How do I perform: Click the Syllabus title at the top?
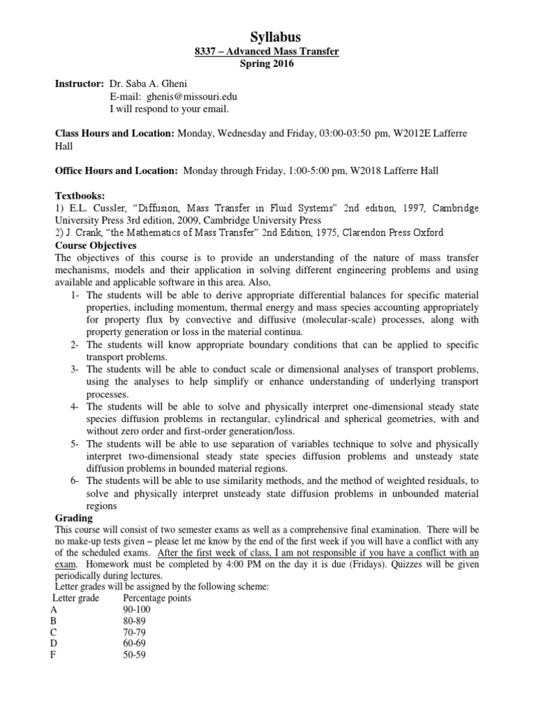click(x=267, y=37)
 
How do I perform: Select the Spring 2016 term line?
click(x=267, y=64)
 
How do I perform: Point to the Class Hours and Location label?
click(x=115, y=133)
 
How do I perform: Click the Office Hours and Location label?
click(x=117, y=171)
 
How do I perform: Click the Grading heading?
click(x=74, y=518)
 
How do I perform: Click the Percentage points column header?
click(x=156, y=597)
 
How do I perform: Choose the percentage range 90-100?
click(x=136, y=610)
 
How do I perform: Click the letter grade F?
click(x=54, y=655)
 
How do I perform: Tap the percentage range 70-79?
click(x=133, y=632)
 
